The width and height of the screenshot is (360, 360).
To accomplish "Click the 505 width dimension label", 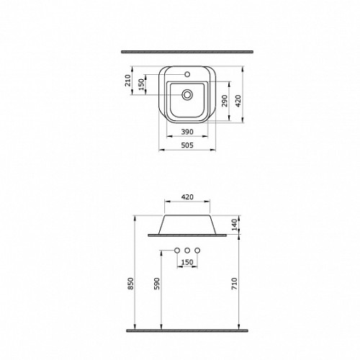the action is [187, 145].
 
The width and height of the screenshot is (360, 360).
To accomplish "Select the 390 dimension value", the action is [187, 132].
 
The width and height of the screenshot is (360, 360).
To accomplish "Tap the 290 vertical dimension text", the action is [225, 101].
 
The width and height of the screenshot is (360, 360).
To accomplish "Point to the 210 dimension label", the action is [128, 81].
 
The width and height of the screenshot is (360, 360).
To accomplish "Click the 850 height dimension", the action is [130, 284].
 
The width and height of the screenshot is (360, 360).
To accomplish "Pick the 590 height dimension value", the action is [156, 284].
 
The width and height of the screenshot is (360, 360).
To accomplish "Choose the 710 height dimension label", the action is [235, 284].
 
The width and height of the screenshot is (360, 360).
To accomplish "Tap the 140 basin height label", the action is [235, 225].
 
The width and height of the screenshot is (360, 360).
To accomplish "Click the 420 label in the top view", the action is [238, 101].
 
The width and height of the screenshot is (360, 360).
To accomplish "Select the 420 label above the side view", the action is [187, 197].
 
